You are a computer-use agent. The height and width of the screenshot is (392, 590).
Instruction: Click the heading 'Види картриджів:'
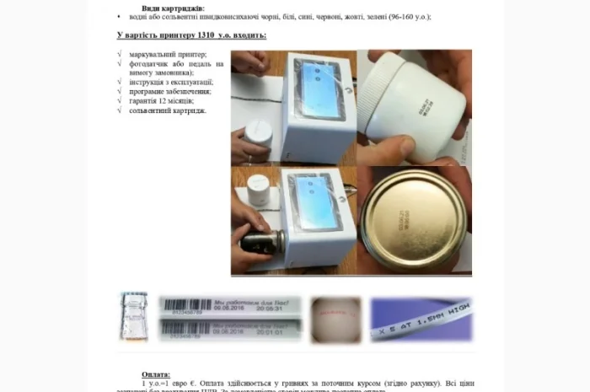(x=173, y=8)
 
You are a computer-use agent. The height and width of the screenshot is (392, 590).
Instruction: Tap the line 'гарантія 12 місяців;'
(x=161, y=101)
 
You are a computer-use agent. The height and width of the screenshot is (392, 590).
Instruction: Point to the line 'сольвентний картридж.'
(x=168, y=110)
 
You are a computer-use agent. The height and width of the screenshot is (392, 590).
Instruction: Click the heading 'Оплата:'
(x=156, y=373)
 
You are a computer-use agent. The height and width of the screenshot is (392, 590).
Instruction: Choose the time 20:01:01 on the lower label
(x=268, y=332)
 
